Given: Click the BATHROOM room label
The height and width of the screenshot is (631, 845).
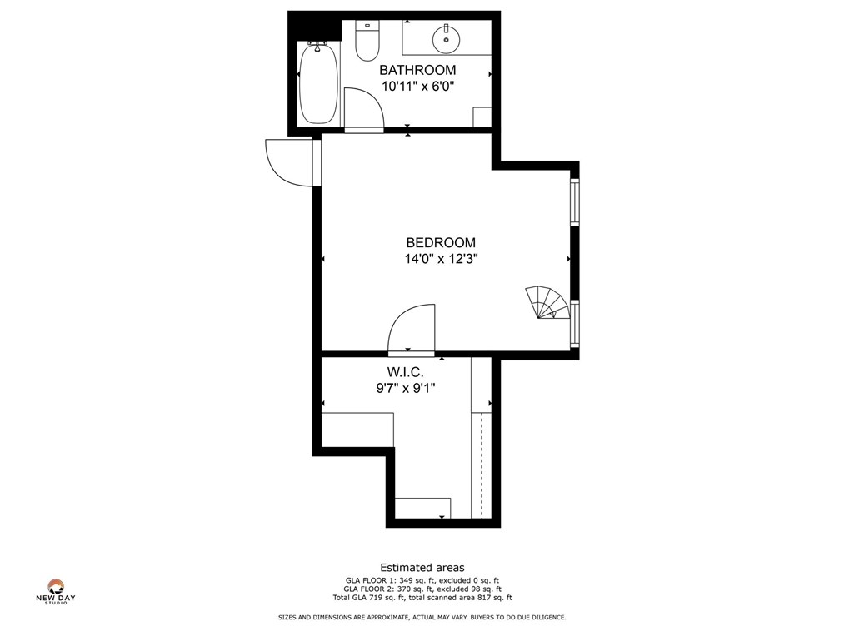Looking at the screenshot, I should point(417,70).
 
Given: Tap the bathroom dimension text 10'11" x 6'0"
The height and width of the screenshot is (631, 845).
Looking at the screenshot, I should point(417,86).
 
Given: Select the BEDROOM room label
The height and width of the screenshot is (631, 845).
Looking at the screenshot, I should point(441,243).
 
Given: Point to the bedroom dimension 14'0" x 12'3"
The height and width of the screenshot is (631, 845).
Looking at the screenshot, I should point(441,259).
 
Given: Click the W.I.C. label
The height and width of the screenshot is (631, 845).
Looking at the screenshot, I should point(405,371).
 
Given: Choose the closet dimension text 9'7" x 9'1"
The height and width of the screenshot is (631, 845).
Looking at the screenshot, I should point(405,387).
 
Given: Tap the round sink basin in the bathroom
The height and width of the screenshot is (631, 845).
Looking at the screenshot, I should point(446,37).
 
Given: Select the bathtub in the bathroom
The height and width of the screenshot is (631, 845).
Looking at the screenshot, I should point(318,83).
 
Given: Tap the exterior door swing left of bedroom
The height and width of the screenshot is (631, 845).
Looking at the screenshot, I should point(287,161).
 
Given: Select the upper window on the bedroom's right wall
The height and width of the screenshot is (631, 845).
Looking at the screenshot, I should point(575,201).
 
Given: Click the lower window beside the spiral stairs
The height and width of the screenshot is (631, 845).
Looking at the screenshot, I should point(575,323).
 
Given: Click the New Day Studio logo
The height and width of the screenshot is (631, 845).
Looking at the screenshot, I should point(56,592).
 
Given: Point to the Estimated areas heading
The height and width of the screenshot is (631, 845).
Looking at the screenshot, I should point(422,568).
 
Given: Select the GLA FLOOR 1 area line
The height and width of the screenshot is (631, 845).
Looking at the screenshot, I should point(422,580).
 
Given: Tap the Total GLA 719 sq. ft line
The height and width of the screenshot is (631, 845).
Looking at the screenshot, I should point(422,597).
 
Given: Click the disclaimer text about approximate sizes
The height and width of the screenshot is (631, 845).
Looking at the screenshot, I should point(422,617).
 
